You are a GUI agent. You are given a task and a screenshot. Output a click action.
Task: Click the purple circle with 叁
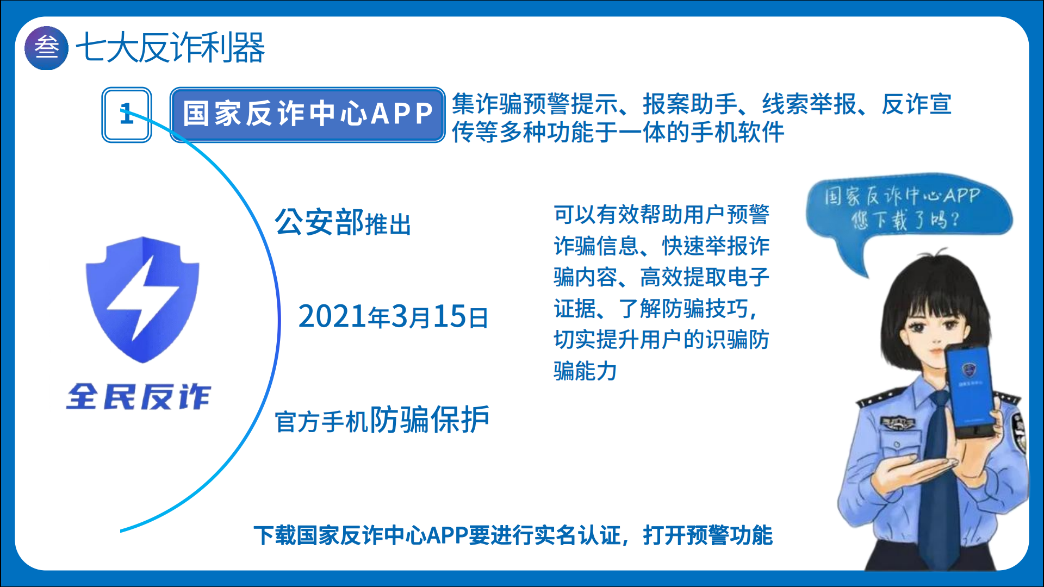(47, 48)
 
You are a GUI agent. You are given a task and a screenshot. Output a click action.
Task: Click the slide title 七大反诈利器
(170, 48)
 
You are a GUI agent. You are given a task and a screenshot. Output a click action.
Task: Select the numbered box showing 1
(127, 115)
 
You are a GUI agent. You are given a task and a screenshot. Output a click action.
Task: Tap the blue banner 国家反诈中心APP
(308, 115)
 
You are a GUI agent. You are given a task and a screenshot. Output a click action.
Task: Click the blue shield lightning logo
(142, 299)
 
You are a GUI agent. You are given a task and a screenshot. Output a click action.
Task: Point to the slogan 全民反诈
(138, 396)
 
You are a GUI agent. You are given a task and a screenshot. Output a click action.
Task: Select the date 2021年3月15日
(393, 316)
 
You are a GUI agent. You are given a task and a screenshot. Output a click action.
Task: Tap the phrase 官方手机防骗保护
(382, 420)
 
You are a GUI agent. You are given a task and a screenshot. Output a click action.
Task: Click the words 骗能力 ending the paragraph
(586, 371)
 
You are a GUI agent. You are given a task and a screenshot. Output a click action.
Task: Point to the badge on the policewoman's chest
(898, 423)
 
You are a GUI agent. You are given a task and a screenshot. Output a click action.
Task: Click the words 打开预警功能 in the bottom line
(707, 535)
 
